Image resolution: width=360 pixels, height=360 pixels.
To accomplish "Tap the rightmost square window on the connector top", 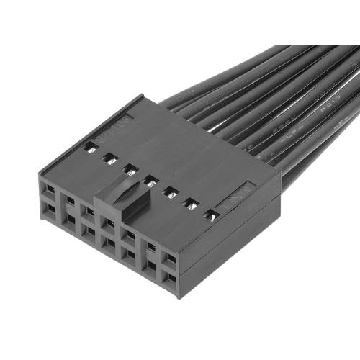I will [x=211, y=215].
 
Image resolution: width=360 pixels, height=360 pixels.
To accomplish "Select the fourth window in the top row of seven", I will [x=150, y=181].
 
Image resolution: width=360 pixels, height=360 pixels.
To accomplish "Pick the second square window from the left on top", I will [x=110, y=158].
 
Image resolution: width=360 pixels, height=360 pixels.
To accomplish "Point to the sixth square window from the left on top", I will [x=191, y=204].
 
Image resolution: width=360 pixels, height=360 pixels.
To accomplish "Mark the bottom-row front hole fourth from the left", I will [x=109, y=243].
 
